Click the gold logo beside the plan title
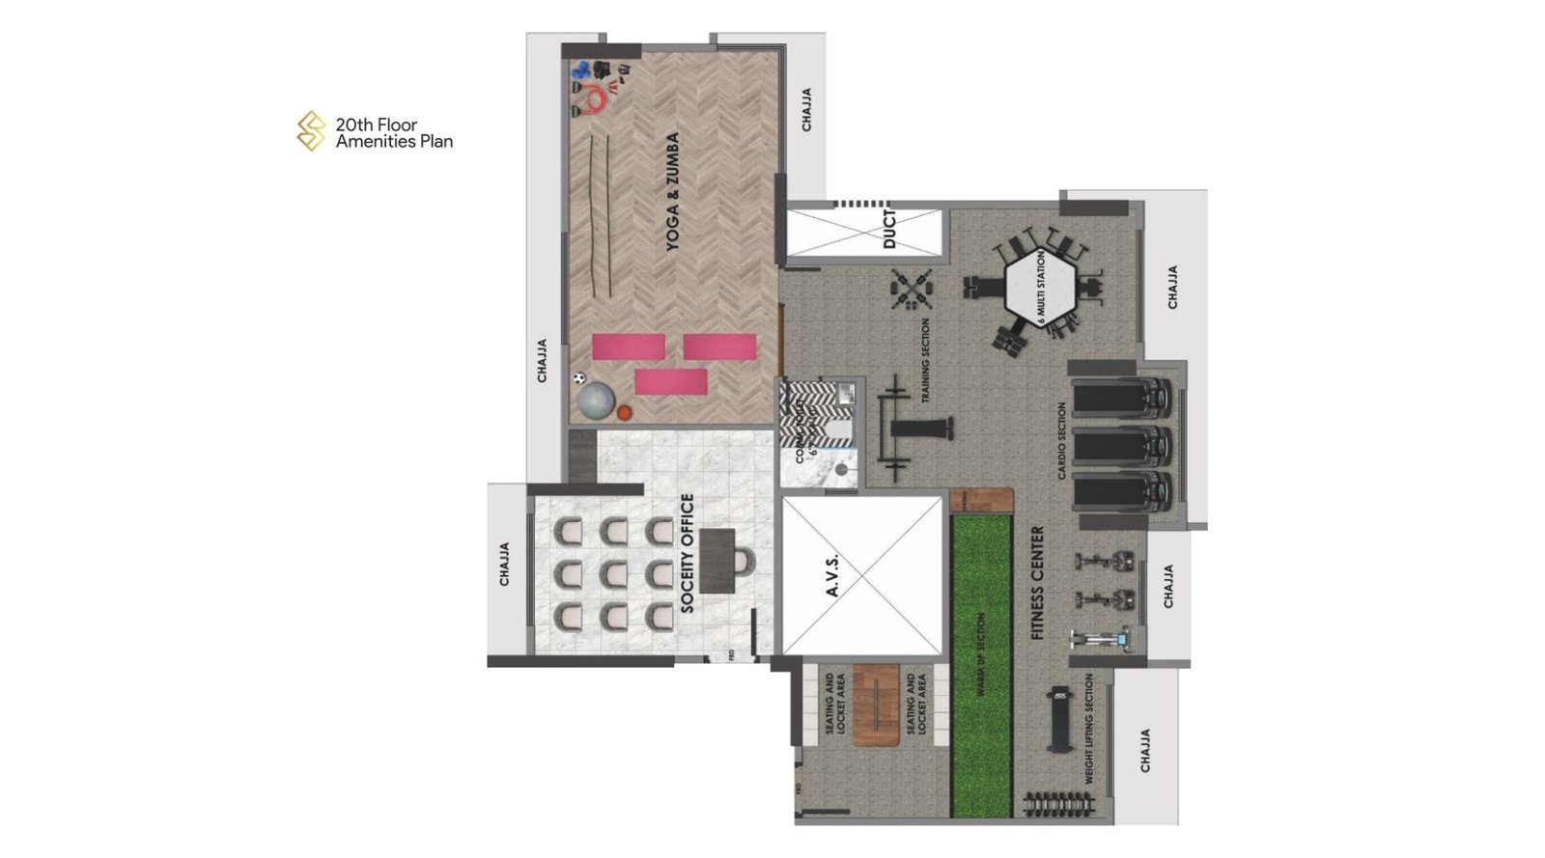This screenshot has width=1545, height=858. click(x=311, y=131)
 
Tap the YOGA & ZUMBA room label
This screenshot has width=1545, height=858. click(x=673, y=192)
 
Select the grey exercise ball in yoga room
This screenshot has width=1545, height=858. click(x=596, y=400)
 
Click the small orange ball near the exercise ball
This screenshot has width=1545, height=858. click(x=624, y=413)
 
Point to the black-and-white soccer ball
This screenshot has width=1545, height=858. click(x=579, y=379)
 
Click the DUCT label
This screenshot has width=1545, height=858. click(x=889, y=229)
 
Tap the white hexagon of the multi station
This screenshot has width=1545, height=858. click(x=1040, y=287)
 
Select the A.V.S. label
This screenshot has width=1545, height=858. click(x=833, y=575)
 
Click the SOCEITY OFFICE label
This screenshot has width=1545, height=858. click(x=688, y=553)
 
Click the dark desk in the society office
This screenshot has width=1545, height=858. click(x=717, y=560)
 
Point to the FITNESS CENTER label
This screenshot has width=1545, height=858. click(x=1038, y=583)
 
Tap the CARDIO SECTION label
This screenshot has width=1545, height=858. click(x=1062, y=441)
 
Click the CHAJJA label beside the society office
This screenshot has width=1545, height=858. click(x=504, y=564)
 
